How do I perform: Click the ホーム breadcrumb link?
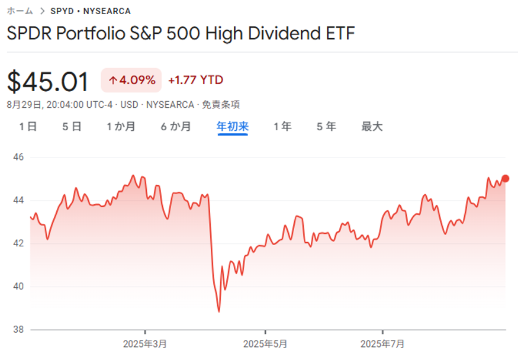pos(20,11)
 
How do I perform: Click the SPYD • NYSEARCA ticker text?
pos(91,11)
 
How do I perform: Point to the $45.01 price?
pos(48,82)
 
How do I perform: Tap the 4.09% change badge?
pos(131,80)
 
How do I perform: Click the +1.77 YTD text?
pos(195,80)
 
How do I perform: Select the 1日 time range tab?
pos(28,126)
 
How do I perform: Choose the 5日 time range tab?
pos(72,126)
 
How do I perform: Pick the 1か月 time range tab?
pos(121,126)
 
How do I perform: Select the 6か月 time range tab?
pos(175,126)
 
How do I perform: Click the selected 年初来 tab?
pos(233,126)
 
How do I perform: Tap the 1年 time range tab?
pos(282,126)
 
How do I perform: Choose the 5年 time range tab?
pos(326,126)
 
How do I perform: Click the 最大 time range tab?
pos(372,126)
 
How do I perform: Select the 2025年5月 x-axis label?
pos(266,343)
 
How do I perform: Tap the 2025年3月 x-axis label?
pos(145,343)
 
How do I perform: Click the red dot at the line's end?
pos(506,178)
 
